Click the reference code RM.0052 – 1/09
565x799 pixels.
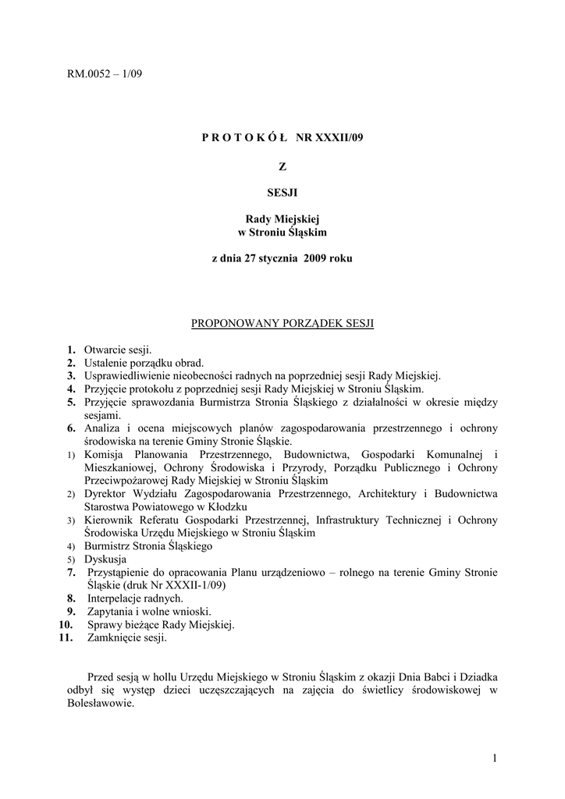click(x=105, y=75)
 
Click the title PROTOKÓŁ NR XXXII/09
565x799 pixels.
click(x=282, y=138)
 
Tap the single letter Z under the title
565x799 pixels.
click(x=282, y=165)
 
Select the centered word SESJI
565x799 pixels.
click(x=282, y=193)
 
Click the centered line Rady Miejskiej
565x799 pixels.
click(x=282, y=220)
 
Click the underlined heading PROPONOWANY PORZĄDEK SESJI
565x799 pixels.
click(x=282, y=322)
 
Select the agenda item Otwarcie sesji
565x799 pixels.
click(x=118, y=350)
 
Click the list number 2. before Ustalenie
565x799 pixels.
click(x=71, y=363)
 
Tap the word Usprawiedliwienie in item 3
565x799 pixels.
click(x=128, y=375)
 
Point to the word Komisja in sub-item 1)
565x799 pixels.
click(x=106, y=455)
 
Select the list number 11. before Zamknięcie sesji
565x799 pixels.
click(x=66, y=637)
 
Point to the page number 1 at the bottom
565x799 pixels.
click(x=495, y=757)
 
